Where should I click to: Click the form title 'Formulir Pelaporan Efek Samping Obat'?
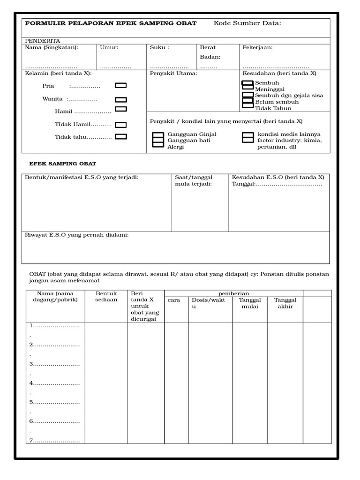pyautogui.click(x=111, y=23)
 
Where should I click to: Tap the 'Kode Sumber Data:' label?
pyautogui.click(x=247, y=23)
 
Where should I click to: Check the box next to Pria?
pyautogui.click(x=121, y=85)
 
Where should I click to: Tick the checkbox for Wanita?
pyautogui.click(x=121, y=99)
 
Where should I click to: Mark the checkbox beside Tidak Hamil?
pyautogui.click(x=121, y=125)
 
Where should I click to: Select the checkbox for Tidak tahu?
pyautogui.click(x=121, y=137)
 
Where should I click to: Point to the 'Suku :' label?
pyautogui.click(x=159, y=47)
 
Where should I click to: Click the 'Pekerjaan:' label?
pyautogui.click(x=257, y=47)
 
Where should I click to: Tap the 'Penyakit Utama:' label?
pyautogui.click(x=173, y=74)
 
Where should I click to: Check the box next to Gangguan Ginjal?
pyautogui.click(x=158, y=135)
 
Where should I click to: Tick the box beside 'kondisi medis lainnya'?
pyautogui.click(x=248, y=135)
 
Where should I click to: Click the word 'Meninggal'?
pyautogui.click(x=270, y=89)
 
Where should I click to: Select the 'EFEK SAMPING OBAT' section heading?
pyautogui.click(x=63, y=164)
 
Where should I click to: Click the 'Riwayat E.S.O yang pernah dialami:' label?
pyautogui.click(x=76, y=235)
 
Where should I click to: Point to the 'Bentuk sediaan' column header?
pyautogui.click(x=106, y=297)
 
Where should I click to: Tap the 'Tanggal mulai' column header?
pyautogui.click(x=250, y=303)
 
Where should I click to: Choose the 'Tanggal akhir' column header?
pyautogui.click(x=285, y=303)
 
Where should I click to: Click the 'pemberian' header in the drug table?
pyautogui.click(x=233, y=293)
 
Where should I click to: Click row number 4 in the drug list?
pyautogui.click(x=54, y=383)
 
